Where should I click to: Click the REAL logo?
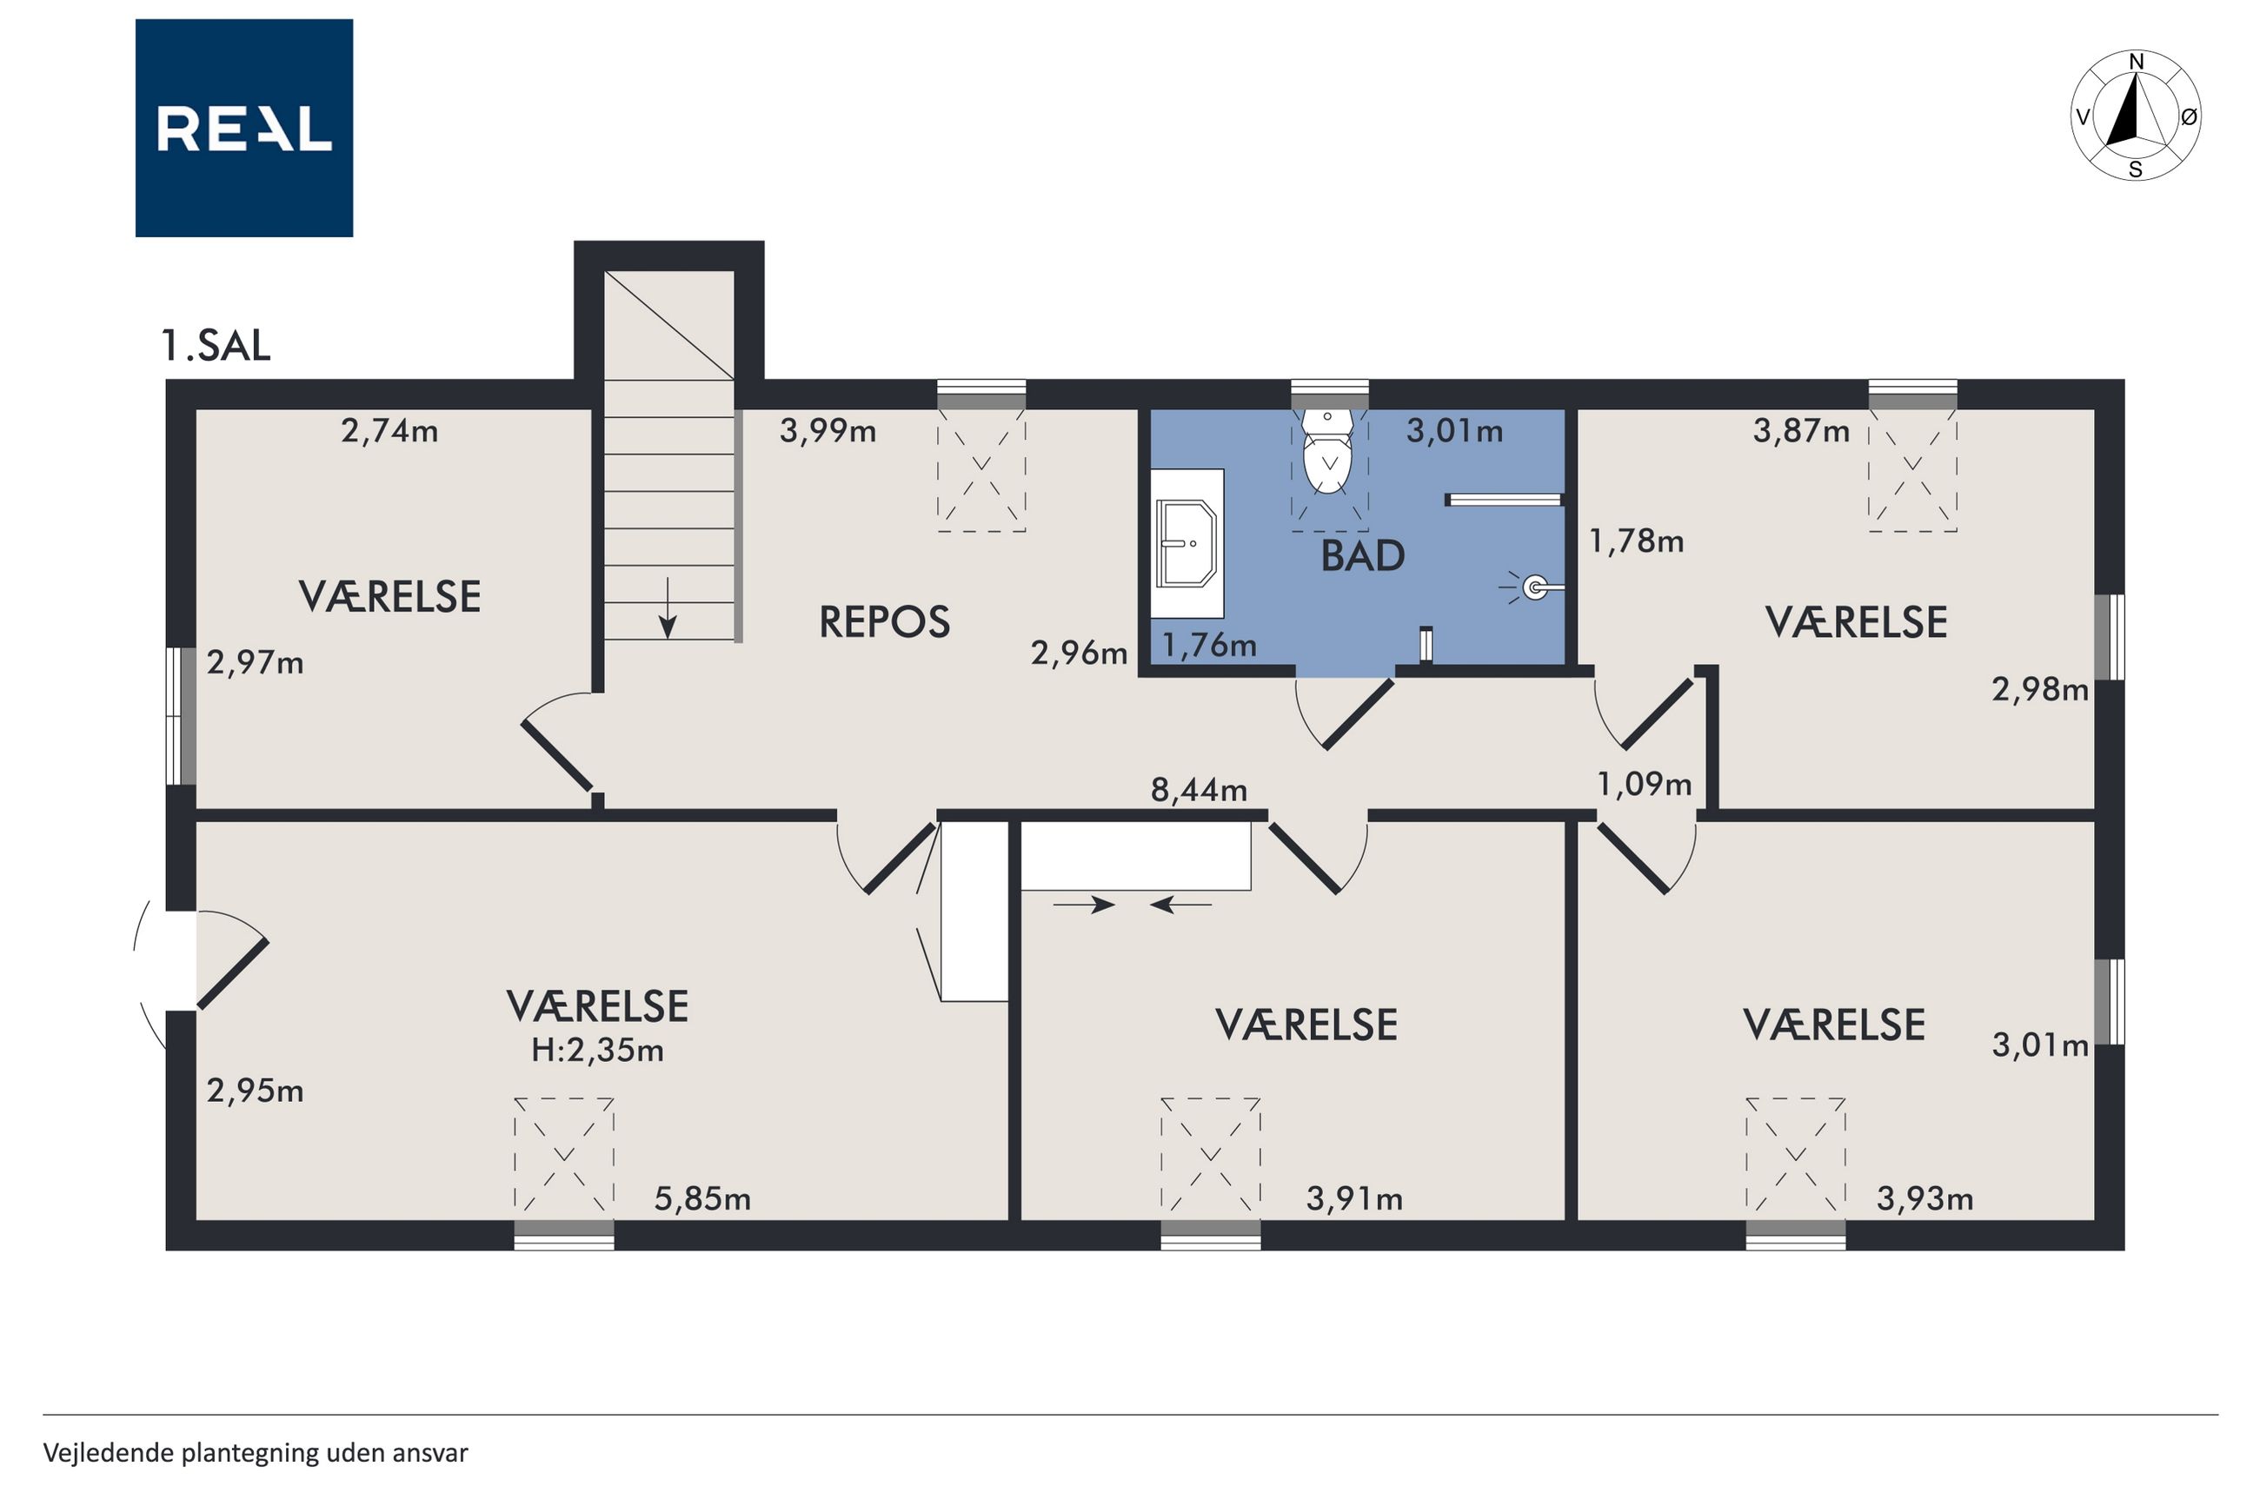tap(244, 128)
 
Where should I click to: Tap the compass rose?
tap(2135, 116)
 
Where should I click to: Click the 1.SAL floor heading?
tap(216, 346)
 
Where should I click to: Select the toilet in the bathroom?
tap(1327, 450)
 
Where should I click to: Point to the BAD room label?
tap(1362, 556)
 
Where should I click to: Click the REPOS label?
tap(885, 622)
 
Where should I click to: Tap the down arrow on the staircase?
tap(668, 608)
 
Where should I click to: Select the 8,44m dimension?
tap(1199, 789)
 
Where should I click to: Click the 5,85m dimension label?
tap(702, 1198)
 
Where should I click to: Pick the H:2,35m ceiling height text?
tap(597, 1051)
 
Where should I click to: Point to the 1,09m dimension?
tap(1644, 784)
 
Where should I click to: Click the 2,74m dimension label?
tap(389, 430)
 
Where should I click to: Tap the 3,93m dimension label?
tap(1924, 1198)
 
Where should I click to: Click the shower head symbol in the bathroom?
tap(1534, 587)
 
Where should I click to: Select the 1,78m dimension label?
tap(1637, 541)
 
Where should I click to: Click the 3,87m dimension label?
tap(1801, 430)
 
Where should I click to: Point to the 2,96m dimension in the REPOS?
tap(1079, 653)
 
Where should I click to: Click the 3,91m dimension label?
tap(1354, 1198)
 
